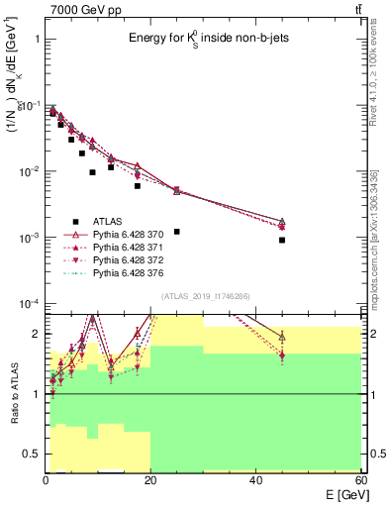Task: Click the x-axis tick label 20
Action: click(150, 480)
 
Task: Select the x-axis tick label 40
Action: click(255, 480)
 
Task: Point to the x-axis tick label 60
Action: click(359, 480)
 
